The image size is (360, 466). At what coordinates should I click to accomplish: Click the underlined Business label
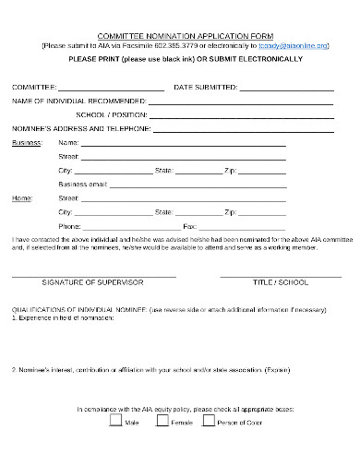point(26,144)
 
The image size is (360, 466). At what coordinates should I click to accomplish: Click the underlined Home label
point(20,197)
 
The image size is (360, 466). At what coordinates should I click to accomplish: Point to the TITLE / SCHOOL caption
point(280,282)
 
